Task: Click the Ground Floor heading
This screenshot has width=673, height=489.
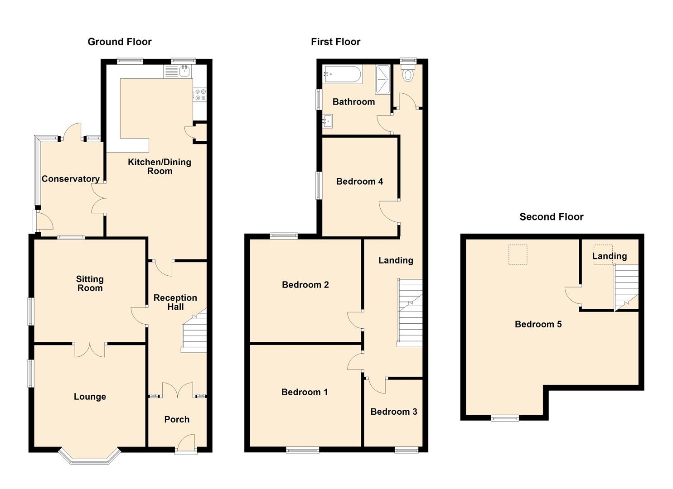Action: coord(120,42)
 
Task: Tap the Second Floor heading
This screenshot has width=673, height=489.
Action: coord(552,217)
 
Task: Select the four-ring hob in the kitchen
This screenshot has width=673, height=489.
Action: coord(200,94)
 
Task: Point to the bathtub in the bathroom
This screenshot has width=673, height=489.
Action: coord(342,74)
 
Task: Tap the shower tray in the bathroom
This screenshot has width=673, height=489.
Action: coord(382,79)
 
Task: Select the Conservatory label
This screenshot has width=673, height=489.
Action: coord(71,179)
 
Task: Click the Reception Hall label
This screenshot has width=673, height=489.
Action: coord(175,302)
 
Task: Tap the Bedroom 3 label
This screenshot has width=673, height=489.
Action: coord(393,412)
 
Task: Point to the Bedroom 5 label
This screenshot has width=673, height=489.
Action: coord(538,324)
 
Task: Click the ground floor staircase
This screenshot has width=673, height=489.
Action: coord(194,330)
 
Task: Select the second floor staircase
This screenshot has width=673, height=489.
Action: coord(626,288)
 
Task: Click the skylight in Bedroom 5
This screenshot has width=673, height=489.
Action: coord(518,254)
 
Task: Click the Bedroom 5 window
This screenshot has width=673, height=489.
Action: coord(505,418)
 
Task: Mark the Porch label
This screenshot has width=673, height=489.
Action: coord(177,419)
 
